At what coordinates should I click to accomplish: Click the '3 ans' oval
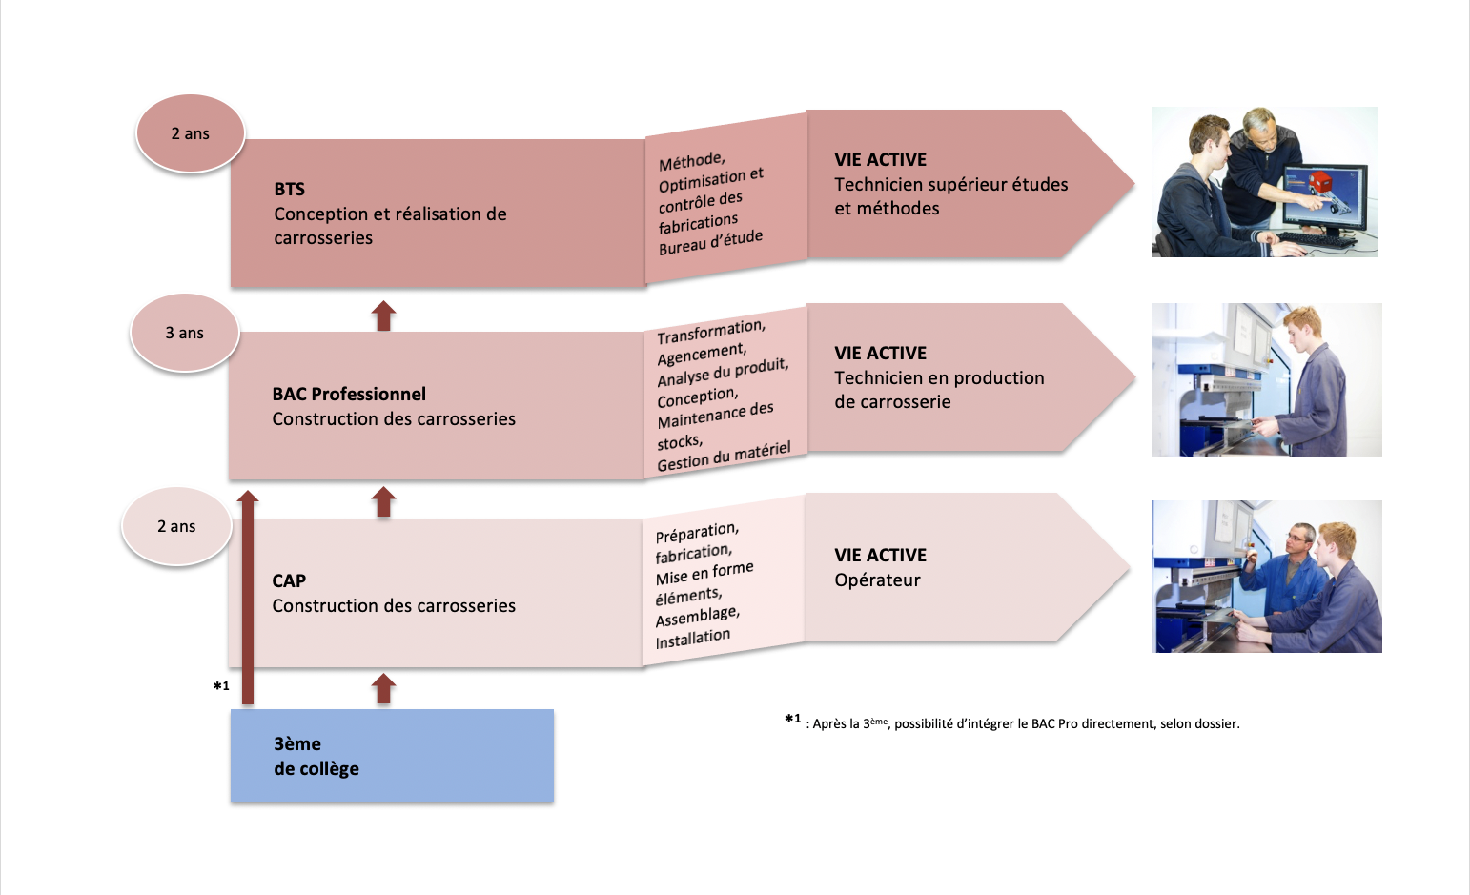coord(185,333)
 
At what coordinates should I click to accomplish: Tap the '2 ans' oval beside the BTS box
coord(191,133)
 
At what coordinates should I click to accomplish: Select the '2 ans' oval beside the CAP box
coord(176,526)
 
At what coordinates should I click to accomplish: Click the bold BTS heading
coord(290,189)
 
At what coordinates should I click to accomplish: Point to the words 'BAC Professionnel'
coord(349,394)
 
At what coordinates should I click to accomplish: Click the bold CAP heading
coord(289,580)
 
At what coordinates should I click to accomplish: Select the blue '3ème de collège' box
coord(393,755)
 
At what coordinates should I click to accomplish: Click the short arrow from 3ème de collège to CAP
coord(384,689)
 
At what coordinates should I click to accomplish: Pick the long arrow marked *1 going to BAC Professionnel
coord(248,598)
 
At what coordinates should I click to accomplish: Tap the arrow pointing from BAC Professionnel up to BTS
coord(384,315)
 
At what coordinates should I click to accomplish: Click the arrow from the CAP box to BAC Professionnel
coord(384,502)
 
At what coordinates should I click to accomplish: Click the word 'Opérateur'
coord(877,580)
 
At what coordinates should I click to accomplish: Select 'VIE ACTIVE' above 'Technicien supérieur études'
coord(881,159)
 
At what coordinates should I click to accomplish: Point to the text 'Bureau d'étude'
coord(711,242)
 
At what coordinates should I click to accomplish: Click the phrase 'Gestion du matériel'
coord(724,457)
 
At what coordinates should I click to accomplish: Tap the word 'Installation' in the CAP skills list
coord(693,639)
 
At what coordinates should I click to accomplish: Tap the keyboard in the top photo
coord(1317,239)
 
